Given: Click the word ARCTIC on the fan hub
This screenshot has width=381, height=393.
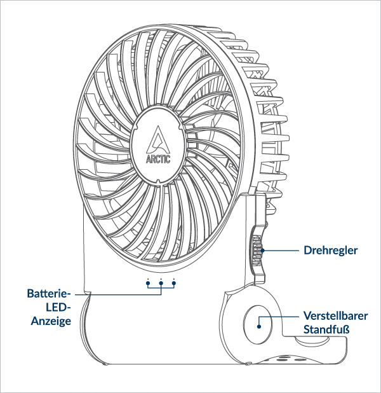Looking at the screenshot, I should pos(159,158).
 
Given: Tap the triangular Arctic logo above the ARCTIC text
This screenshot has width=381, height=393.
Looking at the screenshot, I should pos(159,139).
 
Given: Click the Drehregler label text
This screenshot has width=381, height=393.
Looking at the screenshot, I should pos(331,251).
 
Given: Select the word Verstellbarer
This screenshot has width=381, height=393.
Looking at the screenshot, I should pos(334,316).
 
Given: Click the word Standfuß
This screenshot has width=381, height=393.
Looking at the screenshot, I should pos(326,330).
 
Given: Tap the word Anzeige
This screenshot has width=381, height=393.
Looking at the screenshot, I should pos(51,322).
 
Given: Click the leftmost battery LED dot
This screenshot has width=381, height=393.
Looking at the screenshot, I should pos(147,280).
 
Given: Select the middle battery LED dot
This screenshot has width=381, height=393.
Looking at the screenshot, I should pos(161,280).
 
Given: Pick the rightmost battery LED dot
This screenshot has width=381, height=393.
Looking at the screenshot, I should pos(174,280).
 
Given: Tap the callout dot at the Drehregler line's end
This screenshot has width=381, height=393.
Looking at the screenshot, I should pos(260,251).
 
